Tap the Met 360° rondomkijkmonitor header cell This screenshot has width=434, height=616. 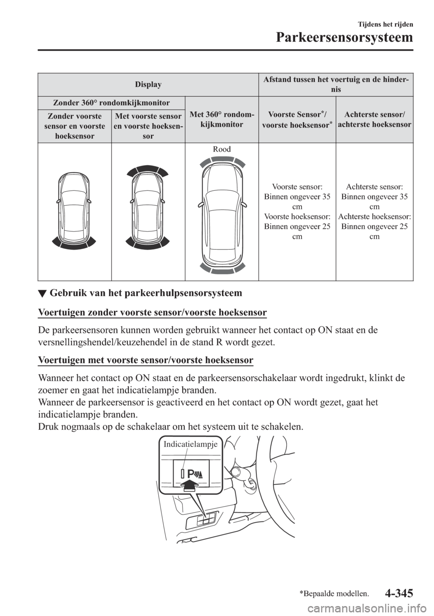coord(222,119)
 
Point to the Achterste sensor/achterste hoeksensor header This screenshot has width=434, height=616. coord(375,119)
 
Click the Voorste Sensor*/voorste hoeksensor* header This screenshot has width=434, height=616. coord(297,119)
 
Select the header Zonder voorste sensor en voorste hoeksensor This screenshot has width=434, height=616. coord(75,126)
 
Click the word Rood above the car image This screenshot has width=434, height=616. coord(222,150)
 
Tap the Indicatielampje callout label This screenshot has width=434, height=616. coord(191,444)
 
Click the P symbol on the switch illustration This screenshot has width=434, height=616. coord(191,474)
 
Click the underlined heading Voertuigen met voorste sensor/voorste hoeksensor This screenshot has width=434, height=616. coord(146,360)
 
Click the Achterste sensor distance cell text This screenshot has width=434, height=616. coord(375,211)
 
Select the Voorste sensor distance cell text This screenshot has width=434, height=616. coord(297,211)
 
